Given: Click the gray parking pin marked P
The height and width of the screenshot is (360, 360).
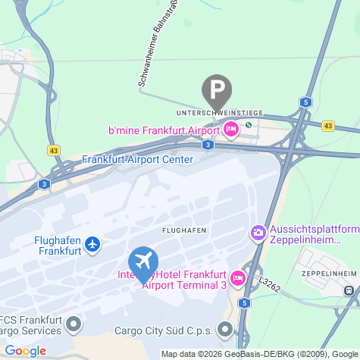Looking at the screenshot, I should tap(218, 90).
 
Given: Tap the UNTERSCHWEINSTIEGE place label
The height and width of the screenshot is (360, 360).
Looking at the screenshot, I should tap(219, 113).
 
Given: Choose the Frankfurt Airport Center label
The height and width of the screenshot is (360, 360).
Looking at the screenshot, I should tap(137, 159).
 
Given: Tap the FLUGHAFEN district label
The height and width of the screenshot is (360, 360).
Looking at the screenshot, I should tap(185, 230).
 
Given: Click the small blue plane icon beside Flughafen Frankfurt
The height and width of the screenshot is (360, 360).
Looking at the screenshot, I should tap(92, 244).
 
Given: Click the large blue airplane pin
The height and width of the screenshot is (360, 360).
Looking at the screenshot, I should tap(143, 261).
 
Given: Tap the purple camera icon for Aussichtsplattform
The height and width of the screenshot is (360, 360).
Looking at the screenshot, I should tap(258, 232).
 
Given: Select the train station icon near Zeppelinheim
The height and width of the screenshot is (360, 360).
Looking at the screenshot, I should tap(349, 290).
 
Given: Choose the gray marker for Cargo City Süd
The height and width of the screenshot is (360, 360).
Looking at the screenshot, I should tap(225, 330).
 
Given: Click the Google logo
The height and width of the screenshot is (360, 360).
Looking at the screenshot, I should tap(24, 351).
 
